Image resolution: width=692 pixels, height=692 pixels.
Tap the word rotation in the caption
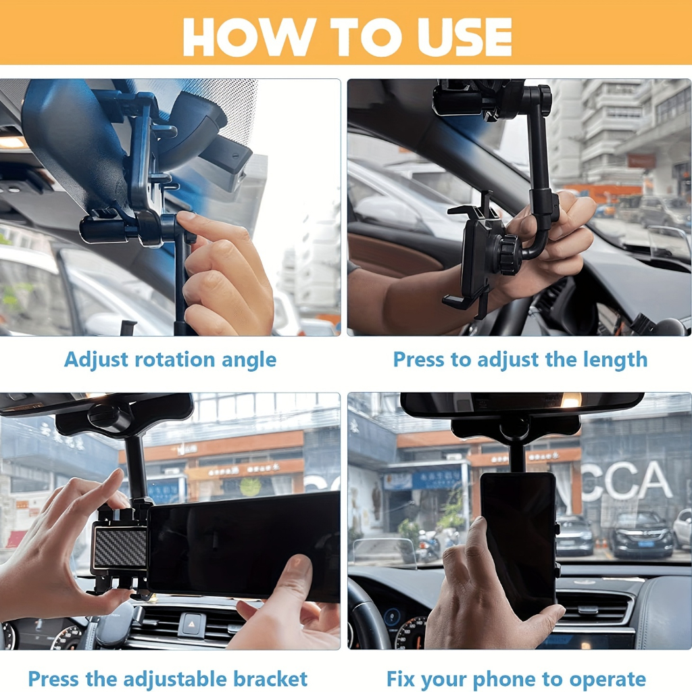[x=175, y=360]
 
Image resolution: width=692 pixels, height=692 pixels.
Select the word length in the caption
[x=615, y=360]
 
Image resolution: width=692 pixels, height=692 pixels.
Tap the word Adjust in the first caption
[x=97, y=360]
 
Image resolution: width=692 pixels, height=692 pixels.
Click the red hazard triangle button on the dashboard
[x=192, y=624]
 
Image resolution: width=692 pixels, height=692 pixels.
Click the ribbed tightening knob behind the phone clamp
[x=511, y=255]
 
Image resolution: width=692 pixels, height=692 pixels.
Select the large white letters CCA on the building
[x=626, y=481]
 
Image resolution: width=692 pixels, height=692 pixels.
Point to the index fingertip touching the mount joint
[x=185, y=217]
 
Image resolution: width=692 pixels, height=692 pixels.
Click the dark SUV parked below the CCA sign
[x=641, y=535]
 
